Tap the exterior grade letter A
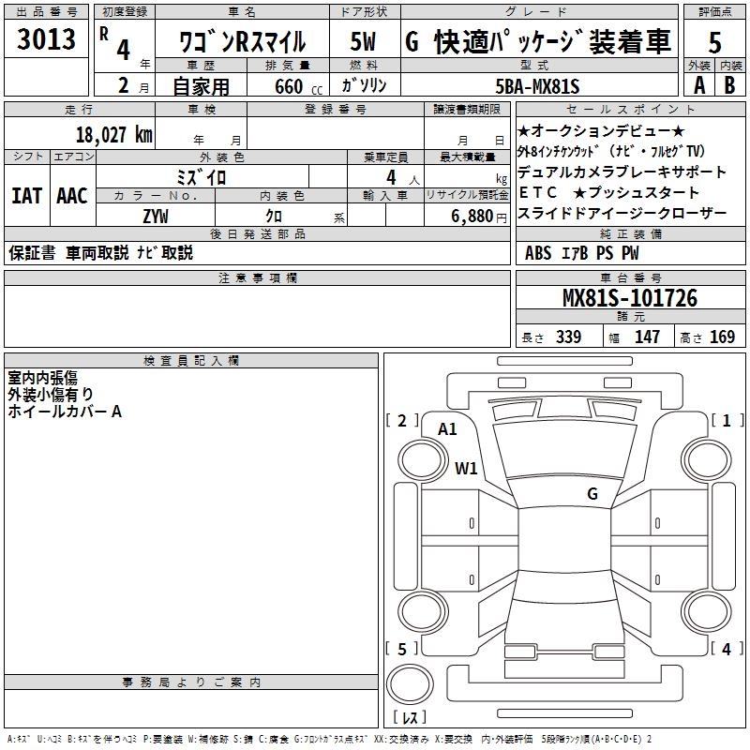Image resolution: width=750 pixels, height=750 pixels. (698, 85)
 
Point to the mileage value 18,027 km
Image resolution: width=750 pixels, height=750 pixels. (113, 134)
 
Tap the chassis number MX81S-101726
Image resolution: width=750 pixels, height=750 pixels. (629, 298)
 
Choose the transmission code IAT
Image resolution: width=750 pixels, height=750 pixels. (26, 196)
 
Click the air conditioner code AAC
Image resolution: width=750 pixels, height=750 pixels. (71, 196)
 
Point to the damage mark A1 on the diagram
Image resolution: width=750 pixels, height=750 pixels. (448, 429)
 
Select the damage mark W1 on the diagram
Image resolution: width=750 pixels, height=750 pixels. (466, 468)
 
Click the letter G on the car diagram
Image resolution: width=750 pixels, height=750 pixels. (592, 493)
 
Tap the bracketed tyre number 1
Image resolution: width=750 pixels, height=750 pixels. (727, 421)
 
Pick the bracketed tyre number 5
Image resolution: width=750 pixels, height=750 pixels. (402, 649)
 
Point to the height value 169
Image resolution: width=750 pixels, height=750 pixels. (723, 337)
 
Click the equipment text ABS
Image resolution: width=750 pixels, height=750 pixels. (538, 252)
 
